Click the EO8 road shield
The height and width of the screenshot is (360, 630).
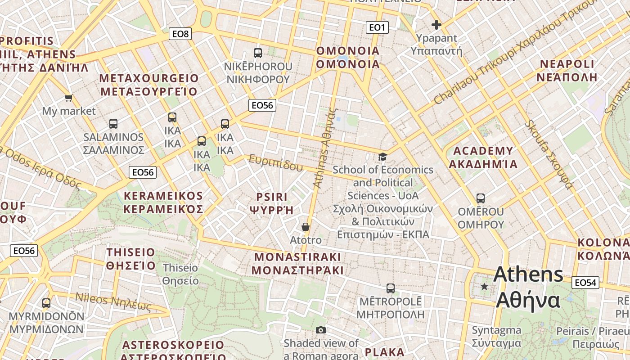180,34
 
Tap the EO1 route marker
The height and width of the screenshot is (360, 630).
377,28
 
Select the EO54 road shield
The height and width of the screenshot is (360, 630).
585,283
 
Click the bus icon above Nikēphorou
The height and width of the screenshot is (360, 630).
258,53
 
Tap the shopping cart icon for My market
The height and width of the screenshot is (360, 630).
68,98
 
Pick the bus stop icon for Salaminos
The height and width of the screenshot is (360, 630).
113,123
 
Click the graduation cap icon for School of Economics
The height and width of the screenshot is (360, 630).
382,157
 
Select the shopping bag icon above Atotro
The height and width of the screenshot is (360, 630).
306,227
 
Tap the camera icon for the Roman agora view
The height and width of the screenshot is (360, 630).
320,330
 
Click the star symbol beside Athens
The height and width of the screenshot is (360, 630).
484,286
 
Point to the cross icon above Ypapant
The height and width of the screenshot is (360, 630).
436,25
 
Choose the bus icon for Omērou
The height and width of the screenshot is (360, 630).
481,198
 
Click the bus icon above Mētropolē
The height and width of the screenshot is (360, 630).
391,288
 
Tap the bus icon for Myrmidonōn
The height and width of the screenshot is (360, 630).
46,303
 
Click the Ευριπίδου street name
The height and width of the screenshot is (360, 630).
276,163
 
